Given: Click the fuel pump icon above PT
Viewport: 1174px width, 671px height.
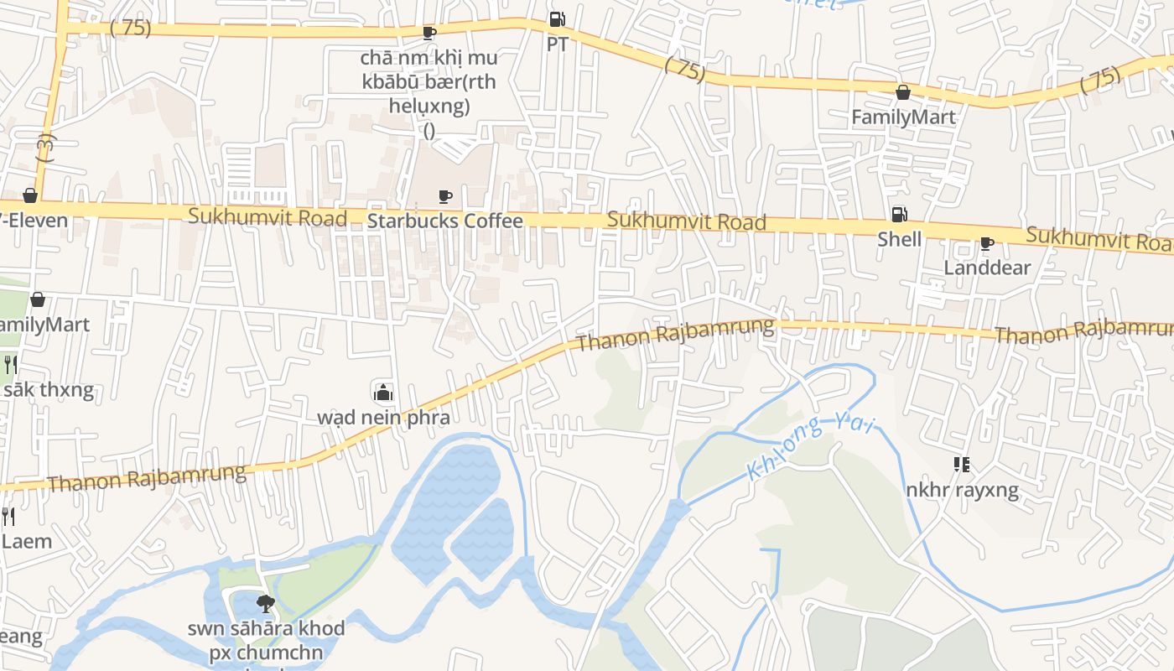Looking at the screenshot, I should point(557,19).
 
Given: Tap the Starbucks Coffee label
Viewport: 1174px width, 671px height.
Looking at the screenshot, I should point(445,221).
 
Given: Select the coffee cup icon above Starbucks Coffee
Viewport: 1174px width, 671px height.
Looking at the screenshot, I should point(445,197).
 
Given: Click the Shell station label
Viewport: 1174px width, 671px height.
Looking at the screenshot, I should point(899,240).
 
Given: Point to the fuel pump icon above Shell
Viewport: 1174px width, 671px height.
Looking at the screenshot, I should point(899,215).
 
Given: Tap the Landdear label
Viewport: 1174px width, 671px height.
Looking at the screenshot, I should point(987,268).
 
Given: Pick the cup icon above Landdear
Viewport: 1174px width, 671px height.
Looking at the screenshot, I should point(987,244).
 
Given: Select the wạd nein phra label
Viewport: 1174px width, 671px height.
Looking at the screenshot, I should point(383,418).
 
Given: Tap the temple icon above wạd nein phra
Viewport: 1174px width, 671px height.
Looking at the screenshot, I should point(383,392).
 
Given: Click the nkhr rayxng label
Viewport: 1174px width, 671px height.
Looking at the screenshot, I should point(962,490).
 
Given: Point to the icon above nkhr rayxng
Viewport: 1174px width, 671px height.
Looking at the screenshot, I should point(962,465).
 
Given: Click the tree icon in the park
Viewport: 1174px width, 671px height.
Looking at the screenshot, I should point(266,603).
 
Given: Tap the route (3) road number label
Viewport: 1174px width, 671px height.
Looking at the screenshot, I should point(45,148).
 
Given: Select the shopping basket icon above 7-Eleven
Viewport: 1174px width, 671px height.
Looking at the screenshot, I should point(30,195).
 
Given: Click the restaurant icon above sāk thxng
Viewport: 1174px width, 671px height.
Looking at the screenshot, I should point(10,364).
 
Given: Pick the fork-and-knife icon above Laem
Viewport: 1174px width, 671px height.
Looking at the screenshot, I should point(8,516).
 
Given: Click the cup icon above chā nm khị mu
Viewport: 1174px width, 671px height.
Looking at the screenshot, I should point(429,34).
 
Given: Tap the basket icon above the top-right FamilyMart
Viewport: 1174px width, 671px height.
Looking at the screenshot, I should point(903,92).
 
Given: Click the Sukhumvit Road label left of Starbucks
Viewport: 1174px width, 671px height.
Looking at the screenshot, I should point(268,217).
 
